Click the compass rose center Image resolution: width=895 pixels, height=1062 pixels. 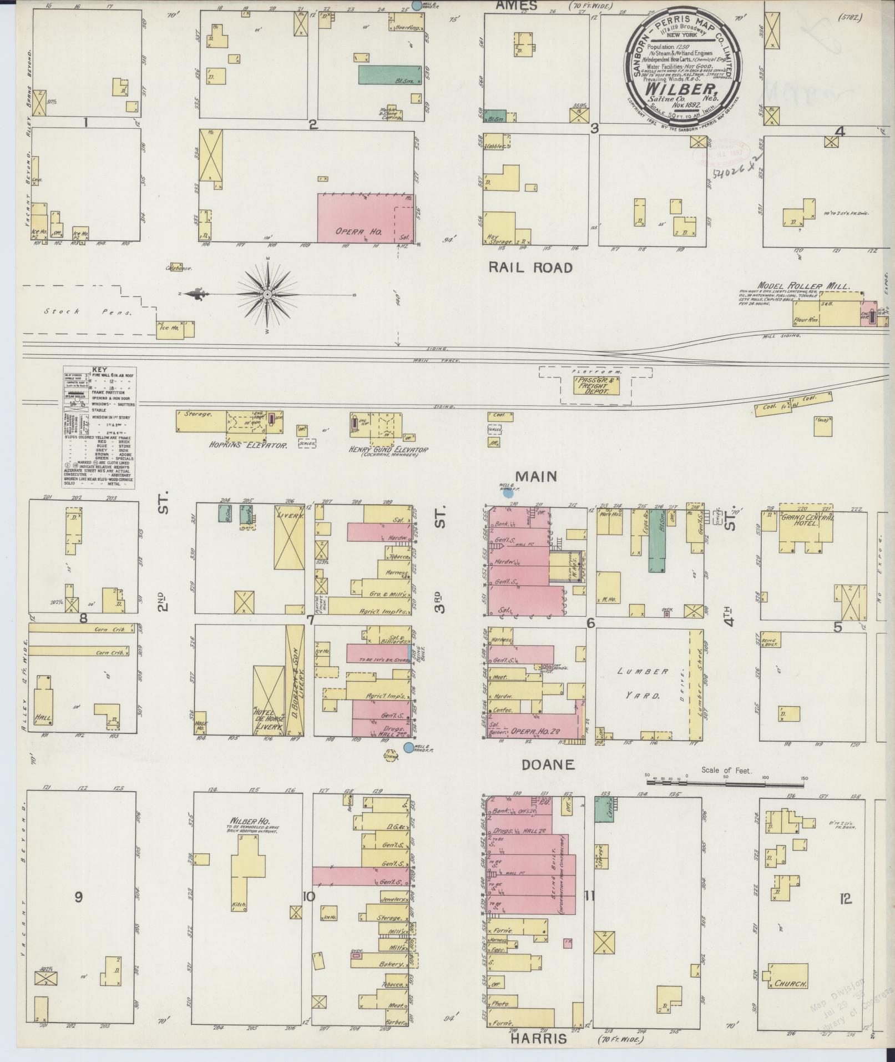pyautogui.click(x=267, y=294)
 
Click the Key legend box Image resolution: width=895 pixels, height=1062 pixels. pyautogui.click(x=100, y=428)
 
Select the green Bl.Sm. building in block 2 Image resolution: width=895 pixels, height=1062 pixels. pyautogui.click(x=389, y=75)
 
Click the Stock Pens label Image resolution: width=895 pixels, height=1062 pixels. pyautogui.click(x=89, y=312)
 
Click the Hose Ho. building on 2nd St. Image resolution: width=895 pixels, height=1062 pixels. pyautogui.click(x=201, y=723)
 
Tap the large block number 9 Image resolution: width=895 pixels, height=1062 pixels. pyautogui.click(x=79, y=896)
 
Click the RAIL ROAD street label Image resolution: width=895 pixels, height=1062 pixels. pyautogui.click(x=530, y=268)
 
